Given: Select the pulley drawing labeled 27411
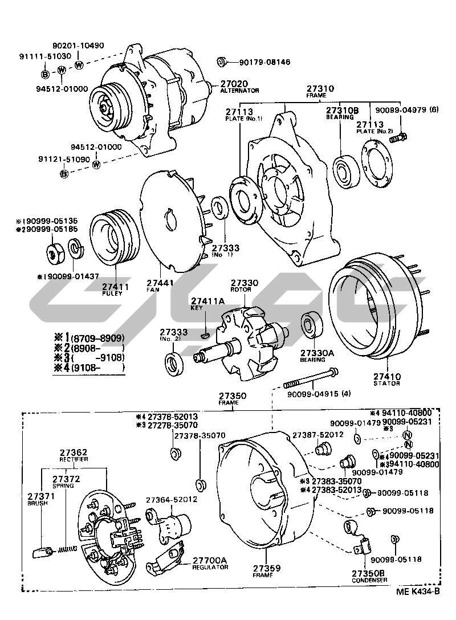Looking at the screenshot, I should pos(113,238).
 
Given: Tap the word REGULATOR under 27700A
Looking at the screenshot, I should pos(210,567).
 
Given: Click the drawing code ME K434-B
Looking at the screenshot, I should pos(418,591).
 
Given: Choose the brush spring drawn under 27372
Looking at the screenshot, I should pos(67,549).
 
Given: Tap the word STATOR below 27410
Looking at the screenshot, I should pos(387,384).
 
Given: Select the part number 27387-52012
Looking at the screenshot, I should pos(317,435).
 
